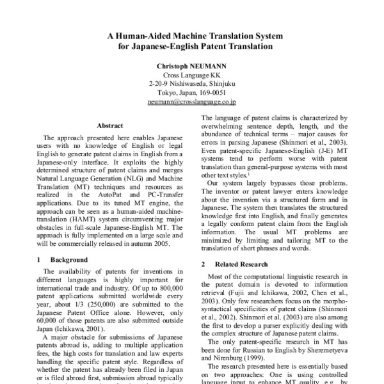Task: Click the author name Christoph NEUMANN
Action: pos(191,65)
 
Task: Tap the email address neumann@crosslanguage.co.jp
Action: pos(191,101)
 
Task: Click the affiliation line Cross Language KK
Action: pos(191,75)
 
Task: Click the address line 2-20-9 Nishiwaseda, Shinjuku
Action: pos(191,83)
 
